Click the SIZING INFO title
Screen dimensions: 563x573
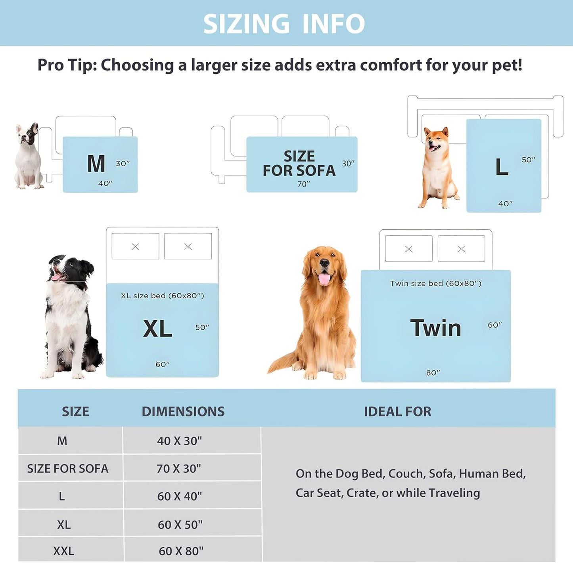coord(284,24)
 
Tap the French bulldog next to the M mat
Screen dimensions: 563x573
coord(28,156)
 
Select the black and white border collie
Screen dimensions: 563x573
coord(69,317)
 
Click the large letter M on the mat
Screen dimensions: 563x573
coord(96,164)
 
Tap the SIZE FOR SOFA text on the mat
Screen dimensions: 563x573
coord(299,163)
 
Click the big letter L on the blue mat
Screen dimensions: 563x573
coord(502,167)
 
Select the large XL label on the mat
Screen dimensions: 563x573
coord(157,329)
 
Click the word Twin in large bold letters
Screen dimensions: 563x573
coord(435,328)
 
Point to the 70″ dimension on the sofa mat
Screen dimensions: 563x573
coord(304,184)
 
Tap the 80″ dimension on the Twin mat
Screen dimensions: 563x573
coord(433,373)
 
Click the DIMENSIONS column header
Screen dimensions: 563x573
coord(183,412)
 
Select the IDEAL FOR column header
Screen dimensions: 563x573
coord(397,412)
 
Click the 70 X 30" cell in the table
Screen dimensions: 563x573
coord(179,469)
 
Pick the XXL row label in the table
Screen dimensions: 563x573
coord(63,551)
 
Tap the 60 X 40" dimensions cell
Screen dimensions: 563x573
coord(180,496)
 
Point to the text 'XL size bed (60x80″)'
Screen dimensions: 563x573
coord(162,296)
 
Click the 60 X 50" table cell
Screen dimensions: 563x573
coord(180,525)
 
